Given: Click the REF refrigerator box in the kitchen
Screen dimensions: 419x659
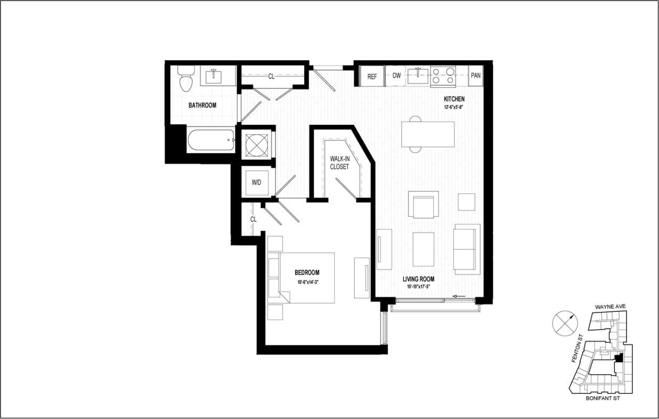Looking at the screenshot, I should point(372,76).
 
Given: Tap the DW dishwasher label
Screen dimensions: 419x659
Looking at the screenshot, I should point(396,76).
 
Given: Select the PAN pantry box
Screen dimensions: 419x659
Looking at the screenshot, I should point(476,76).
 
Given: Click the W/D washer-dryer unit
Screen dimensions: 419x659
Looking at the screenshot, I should point(257,182).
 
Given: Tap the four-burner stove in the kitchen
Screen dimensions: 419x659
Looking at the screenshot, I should point(443,76).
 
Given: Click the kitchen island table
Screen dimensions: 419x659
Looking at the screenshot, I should point(428,134).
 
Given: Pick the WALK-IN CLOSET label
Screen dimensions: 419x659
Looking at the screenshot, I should point(339,163).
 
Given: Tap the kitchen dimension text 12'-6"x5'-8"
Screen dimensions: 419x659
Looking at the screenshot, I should point(454,107).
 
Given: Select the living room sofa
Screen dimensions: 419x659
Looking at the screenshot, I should point(467,249).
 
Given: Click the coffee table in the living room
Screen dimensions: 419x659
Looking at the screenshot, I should point(424,249).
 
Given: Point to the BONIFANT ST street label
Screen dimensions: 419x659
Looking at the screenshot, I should point(601,398).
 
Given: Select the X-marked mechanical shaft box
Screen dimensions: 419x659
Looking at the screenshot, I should point(256,144).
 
